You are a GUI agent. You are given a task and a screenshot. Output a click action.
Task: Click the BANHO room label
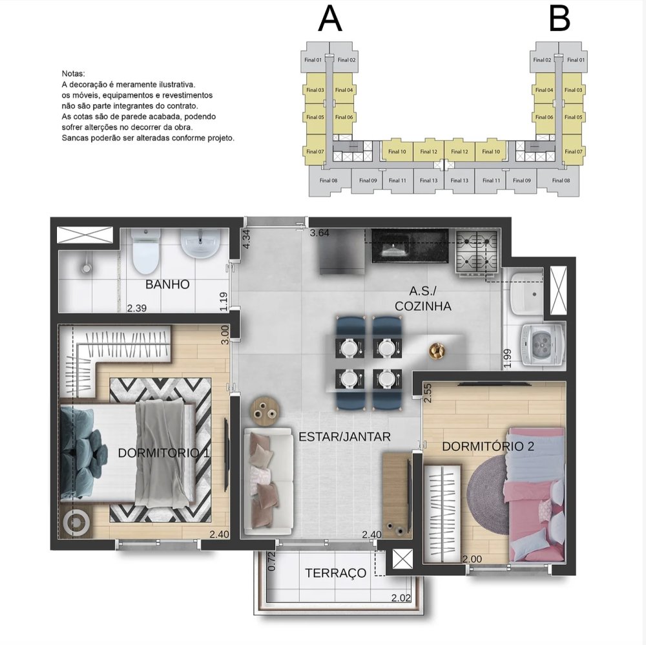[167, 284]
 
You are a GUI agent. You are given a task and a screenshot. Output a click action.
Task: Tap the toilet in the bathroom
[145, 251]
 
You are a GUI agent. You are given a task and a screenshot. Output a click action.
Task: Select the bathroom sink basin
[201, 244]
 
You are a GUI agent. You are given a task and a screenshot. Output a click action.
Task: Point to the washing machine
[542, 344]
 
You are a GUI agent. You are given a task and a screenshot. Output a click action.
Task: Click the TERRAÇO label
[335, 573]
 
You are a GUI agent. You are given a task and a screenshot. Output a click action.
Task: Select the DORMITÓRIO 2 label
[488, 446]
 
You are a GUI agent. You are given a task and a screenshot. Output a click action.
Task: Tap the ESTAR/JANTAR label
[344, 436]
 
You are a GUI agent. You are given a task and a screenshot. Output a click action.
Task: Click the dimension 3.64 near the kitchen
[320, 233]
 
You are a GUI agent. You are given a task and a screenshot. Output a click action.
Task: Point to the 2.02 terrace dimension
[401, 598]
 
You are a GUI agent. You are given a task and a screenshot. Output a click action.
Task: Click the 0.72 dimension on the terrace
[271, 562]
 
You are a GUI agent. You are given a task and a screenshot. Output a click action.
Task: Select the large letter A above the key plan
[330, 19]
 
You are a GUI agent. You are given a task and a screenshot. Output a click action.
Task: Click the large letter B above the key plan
[559, 19]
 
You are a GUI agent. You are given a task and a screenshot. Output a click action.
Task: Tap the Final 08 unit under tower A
[328, 180]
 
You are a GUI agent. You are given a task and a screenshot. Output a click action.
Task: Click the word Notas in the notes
[73, 74]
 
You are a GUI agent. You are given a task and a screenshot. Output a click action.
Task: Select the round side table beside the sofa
[265, 411]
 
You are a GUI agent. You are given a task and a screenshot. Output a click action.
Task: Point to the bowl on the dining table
[437, 351]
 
